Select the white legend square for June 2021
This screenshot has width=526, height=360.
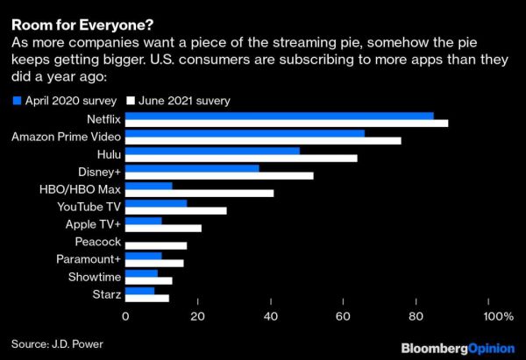131,101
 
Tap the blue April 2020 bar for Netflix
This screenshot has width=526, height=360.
280,116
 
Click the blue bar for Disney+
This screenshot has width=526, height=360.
193,167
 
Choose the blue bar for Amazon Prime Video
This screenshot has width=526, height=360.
245,133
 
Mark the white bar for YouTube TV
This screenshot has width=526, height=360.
176,210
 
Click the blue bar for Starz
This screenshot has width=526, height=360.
140,290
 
